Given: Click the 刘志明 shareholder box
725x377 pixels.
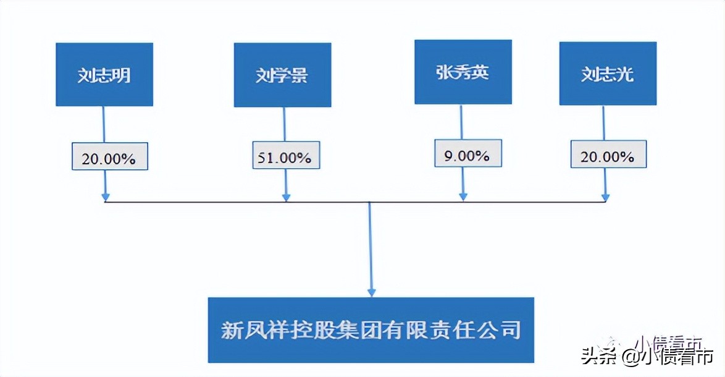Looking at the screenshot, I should (x=104, y=74).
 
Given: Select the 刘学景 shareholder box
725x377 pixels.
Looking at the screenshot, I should (x=282, y=75).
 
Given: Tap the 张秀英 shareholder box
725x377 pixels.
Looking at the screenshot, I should (x=463, y=72).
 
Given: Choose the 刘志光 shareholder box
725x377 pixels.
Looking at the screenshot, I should (x=608, y=74).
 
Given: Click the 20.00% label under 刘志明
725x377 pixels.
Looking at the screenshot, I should (x=109, y=158).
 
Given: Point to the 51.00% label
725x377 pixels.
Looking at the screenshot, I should (x=285, y=156).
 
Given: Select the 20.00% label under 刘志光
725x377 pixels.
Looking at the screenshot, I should (x=608, y=156).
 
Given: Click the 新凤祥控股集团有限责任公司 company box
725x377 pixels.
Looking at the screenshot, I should (x=371, y=329).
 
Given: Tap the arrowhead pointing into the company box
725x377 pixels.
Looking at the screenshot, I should (x=371, y=291).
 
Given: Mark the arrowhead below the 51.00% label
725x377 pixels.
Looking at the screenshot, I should (x=286, y=197).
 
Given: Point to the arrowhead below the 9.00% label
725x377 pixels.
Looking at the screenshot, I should (x=464, y=197).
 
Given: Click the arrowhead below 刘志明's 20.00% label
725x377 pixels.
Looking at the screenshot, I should (x=106, y=197).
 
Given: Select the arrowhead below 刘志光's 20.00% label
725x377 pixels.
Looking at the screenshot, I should (x=606, y=197).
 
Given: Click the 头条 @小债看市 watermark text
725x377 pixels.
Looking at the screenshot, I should (x=647, y=357).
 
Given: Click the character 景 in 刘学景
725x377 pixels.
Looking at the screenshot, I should (x=300, y=75).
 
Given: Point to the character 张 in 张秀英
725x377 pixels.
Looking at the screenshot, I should (x=444, y=72).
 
